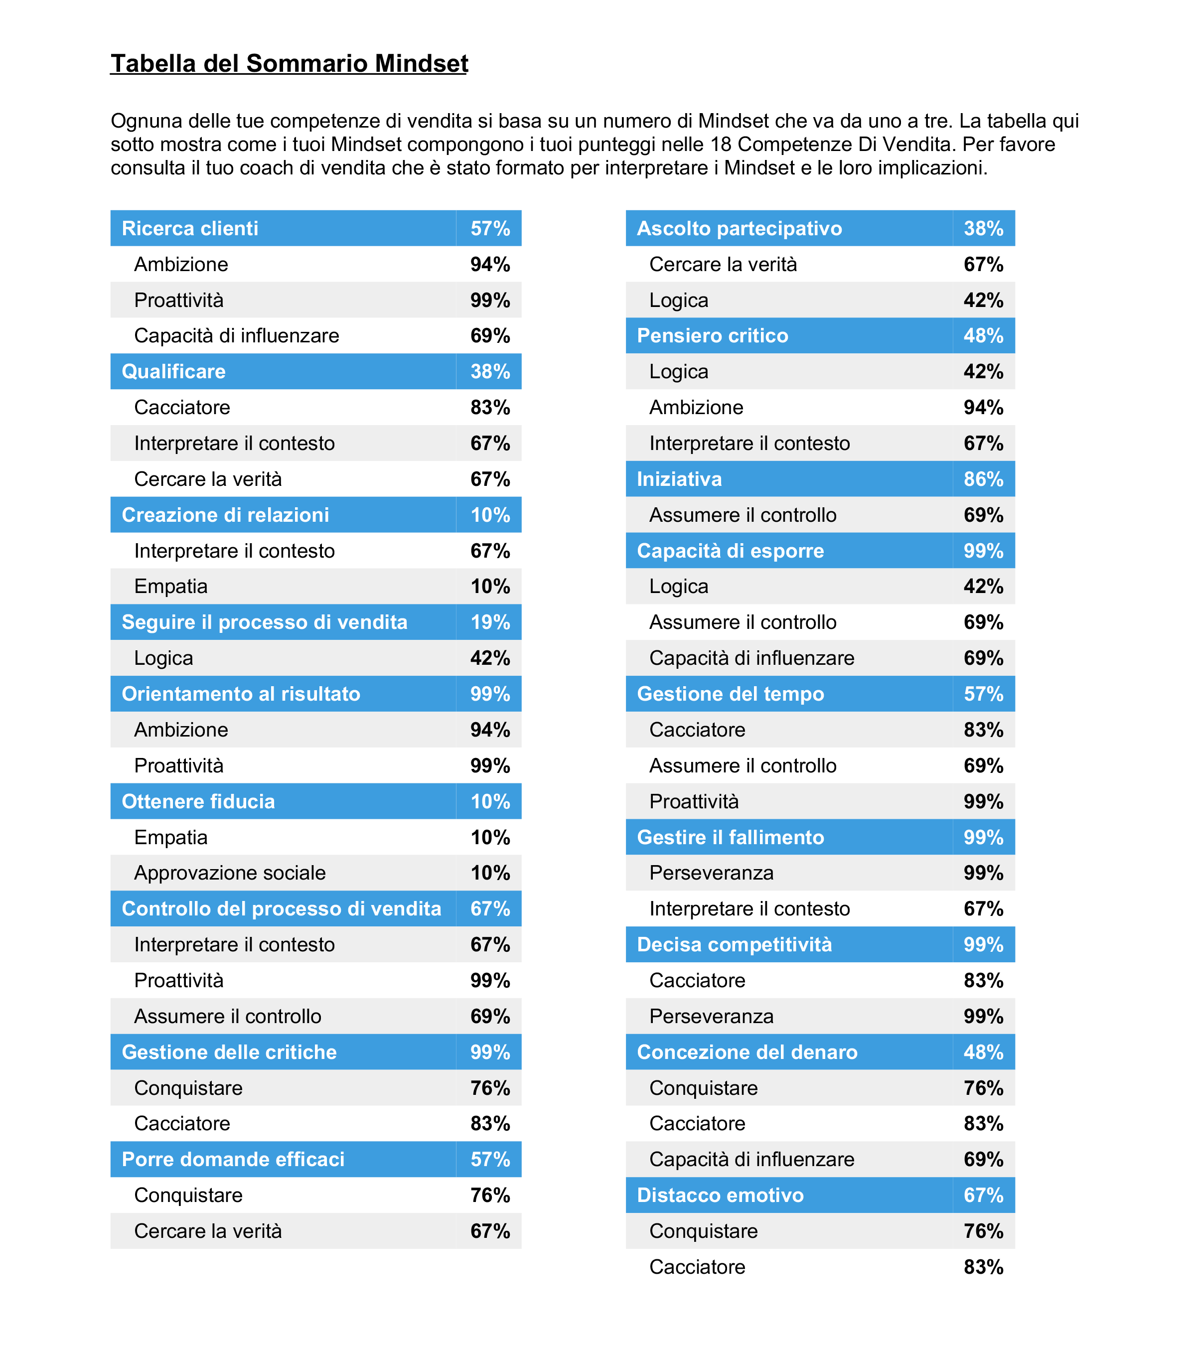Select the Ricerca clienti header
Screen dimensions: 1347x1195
tap(190, 229)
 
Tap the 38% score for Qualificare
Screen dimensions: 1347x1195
tap(490, 372)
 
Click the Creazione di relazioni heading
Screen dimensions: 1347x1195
tap(225, 515)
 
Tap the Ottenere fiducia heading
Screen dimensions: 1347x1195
tap(198, 801)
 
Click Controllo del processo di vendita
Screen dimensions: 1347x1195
tap(282, 909)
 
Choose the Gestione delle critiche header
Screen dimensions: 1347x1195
tap(229, 1052)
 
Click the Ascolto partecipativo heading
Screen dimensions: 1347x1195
tap(739, 229)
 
